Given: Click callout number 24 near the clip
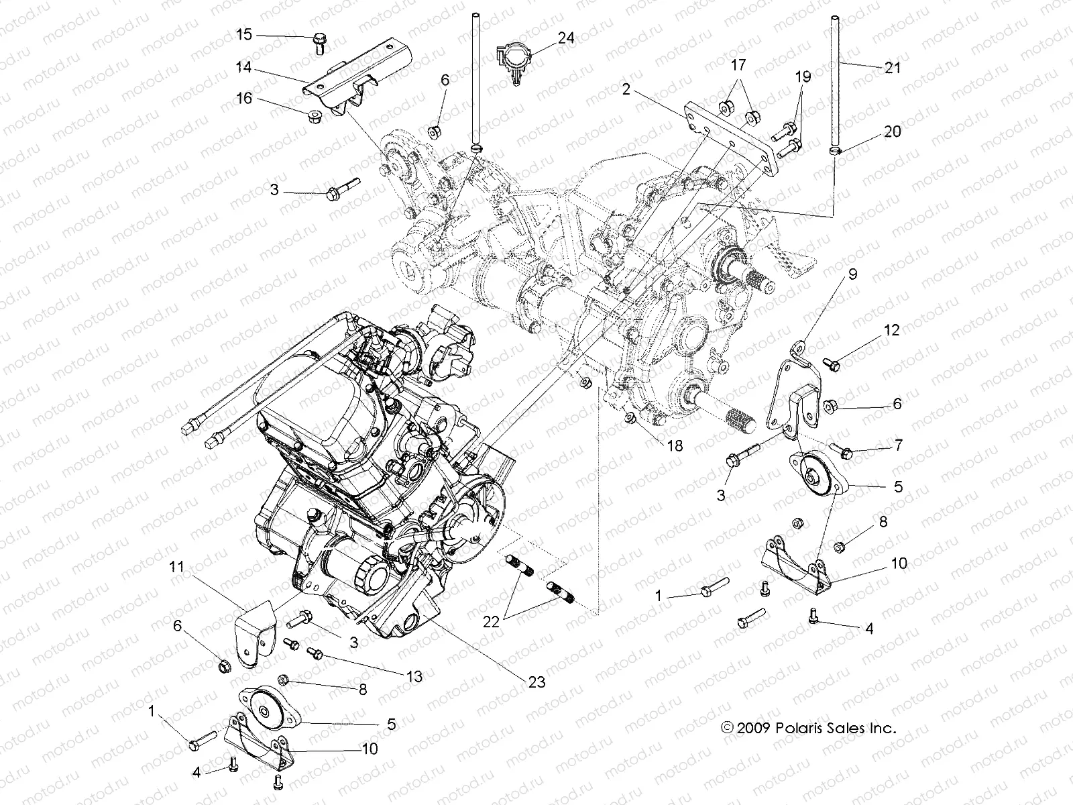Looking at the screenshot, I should tap(566, 38).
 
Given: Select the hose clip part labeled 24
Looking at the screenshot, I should tap(513, 60).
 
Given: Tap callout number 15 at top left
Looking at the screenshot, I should tap(245, 34).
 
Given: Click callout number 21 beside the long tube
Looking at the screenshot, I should tap(893, 67).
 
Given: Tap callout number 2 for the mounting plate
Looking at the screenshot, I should tap(626, 89).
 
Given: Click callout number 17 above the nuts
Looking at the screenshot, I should tap(738, 65).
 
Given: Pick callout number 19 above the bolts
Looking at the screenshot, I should tap(802, 76).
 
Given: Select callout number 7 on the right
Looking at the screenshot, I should tap(898, 445).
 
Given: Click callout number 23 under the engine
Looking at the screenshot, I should tap(536, 682).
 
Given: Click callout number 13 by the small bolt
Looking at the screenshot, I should tap(415, 677).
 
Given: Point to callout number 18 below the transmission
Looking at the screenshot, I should tap(674, 445).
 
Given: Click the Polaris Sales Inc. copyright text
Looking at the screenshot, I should tap(808, 728).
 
